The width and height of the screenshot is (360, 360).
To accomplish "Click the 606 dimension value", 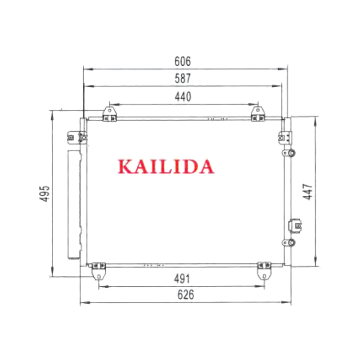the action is click(183, 61).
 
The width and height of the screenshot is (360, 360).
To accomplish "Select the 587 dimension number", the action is click(183, 78).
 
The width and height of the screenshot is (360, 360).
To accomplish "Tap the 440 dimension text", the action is click(183, 97).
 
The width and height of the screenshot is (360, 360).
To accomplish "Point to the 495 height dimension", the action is click(45, 193).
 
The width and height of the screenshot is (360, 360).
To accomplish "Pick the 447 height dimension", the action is click(308, 192).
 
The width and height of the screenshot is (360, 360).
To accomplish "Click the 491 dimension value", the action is click(182, 279).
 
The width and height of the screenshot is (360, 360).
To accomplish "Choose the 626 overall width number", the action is click(185, 295).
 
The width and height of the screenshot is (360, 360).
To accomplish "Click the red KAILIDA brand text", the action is click(166, 166).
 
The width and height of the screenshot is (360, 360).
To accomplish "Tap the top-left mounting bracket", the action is click(110, 114).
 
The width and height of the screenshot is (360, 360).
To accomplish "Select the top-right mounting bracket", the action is click(258, 114).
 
